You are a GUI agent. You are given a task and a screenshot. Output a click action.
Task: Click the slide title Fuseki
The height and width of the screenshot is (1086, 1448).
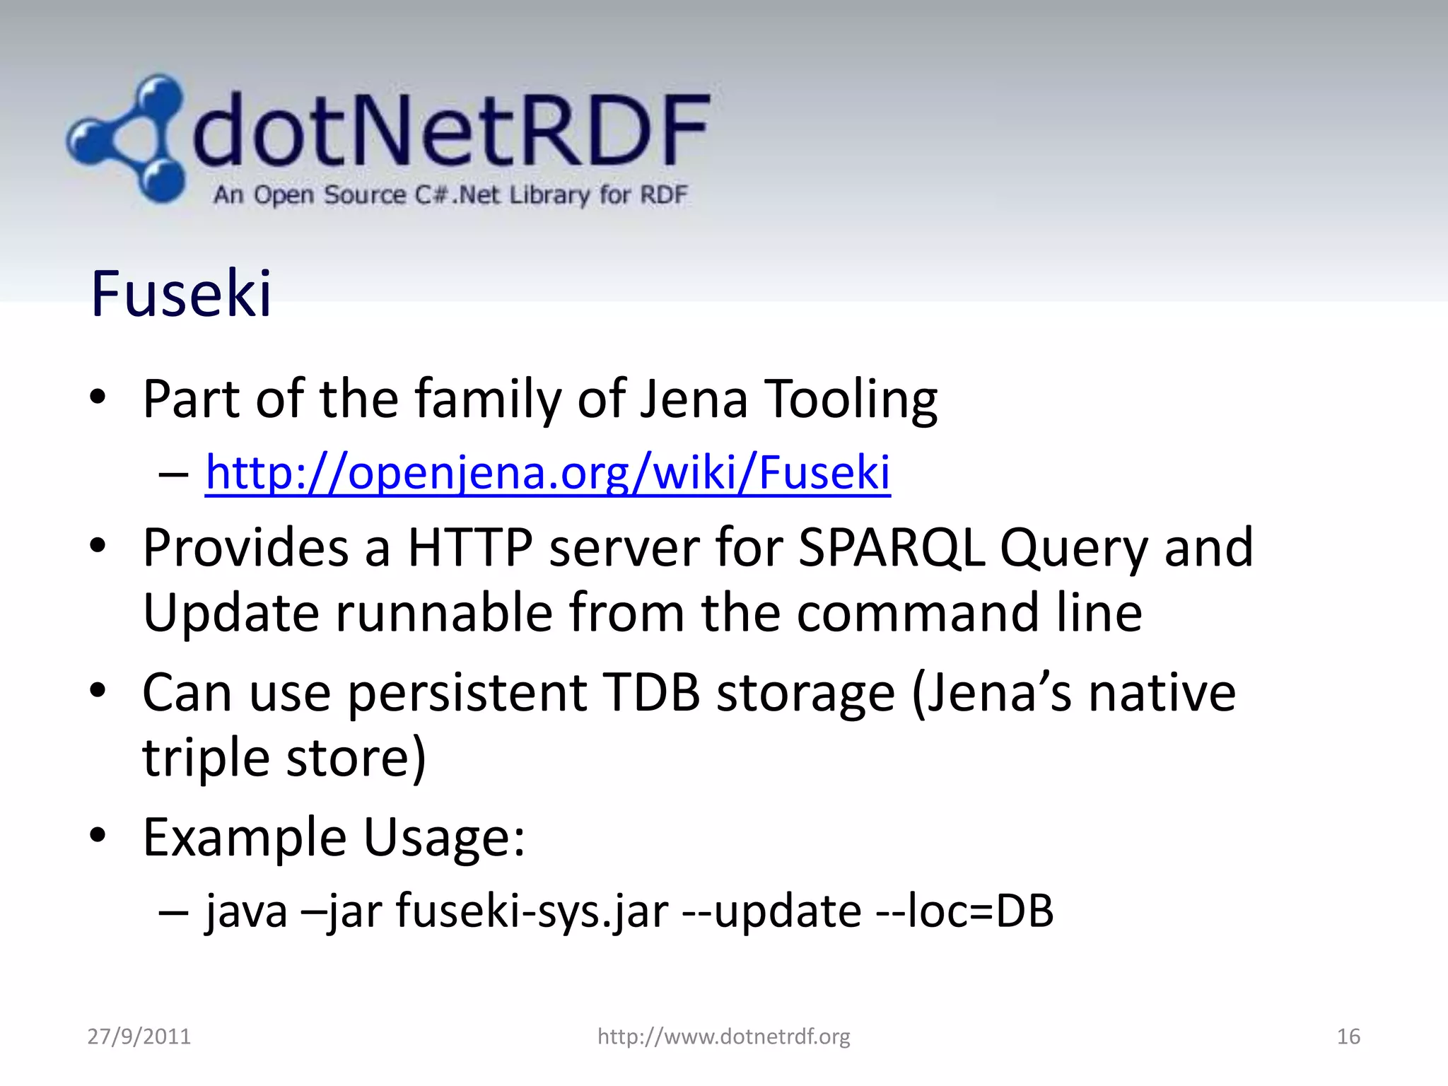(181, 294)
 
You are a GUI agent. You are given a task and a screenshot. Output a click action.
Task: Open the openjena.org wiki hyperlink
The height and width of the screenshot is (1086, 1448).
(547, 472)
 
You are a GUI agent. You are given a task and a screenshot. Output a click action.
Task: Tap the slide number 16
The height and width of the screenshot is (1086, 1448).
(1348, 1037)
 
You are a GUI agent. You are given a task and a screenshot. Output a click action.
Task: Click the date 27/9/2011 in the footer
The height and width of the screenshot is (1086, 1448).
(139, 1037)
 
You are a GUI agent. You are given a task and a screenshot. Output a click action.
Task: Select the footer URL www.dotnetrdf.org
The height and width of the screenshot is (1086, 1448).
(723, 1037)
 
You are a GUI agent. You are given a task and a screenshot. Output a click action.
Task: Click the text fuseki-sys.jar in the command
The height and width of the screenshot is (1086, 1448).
(532, 911)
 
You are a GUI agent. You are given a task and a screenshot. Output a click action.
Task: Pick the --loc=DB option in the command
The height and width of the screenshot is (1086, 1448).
(964, 911)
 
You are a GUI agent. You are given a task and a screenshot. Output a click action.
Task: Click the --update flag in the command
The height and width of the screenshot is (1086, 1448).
(771, 911)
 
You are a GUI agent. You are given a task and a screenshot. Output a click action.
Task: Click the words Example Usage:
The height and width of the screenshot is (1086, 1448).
(334, 838)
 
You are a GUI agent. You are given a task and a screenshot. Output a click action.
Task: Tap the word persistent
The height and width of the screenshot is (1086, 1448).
(467, 692)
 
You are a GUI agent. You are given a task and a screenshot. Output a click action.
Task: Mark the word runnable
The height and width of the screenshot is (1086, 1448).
(443, 612)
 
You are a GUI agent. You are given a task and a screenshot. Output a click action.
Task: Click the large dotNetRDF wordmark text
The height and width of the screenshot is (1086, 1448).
(450, 131)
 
